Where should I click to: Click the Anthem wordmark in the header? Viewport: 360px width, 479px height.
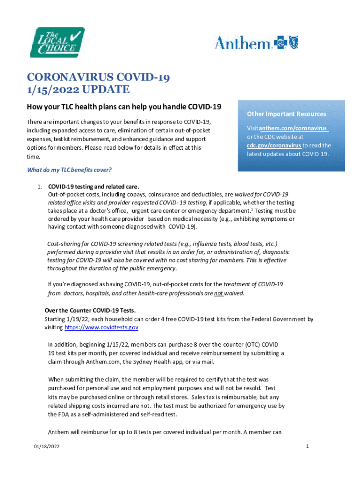coord(242,43)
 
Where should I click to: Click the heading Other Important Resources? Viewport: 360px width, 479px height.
coord(287,114)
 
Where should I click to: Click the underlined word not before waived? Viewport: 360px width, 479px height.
coord(218,293)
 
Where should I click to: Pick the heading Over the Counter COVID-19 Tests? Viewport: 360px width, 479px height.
coord(90,311)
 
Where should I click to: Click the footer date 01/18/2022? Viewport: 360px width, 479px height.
coord(47,448)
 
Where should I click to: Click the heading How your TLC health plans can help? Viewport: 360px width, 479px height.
coord(124,107)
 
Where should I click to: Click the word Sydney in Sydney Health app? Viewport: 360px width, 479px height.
coord(143,362)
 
